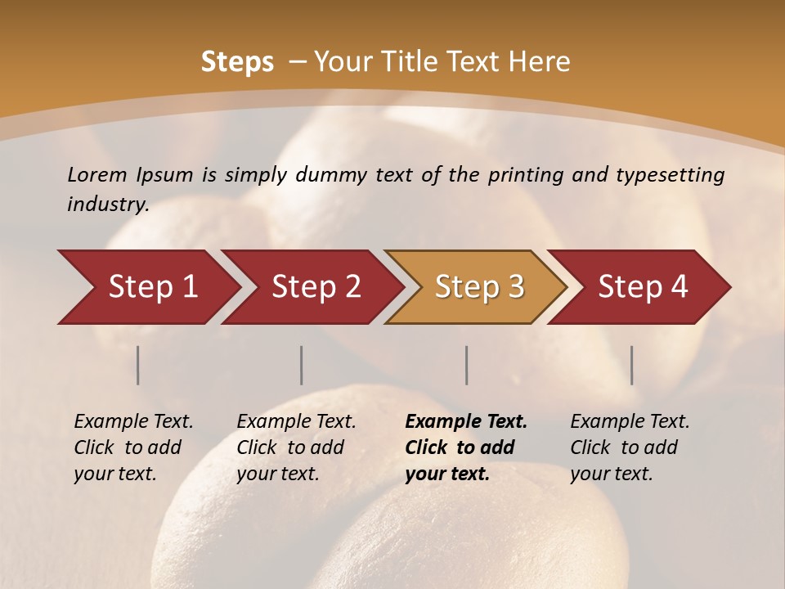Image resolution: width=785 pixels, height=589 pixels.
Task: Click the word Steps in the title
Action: point(237,62)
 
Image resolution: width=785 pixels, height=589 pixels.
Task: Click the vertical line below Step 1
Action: point(138,365)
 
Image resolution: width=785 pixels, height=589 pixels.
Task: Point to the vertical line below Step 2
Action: point(302,365)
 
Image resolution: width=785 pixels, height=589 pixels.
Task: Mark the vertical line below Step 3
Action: point(467,365)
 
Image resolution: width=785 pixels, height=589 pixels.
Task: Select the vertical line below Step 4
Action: point(632,365)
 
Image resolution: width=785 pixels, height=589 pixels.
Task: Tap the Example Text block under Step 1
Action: point(133,447)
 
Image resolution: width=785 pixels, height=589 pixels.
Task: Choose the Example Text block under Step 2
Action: point(296,447)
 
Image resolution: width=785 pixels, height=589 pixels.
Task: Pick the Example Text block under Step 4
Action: point(630,447)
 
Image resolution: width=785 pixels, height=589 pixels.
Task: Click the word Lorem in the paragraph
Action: point(97,174)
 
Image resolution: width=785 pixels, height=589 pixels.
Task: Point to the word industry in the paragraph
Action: point(107,205)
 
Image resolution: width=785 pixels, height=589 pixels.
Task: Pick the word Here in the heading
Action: point(540,62)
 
